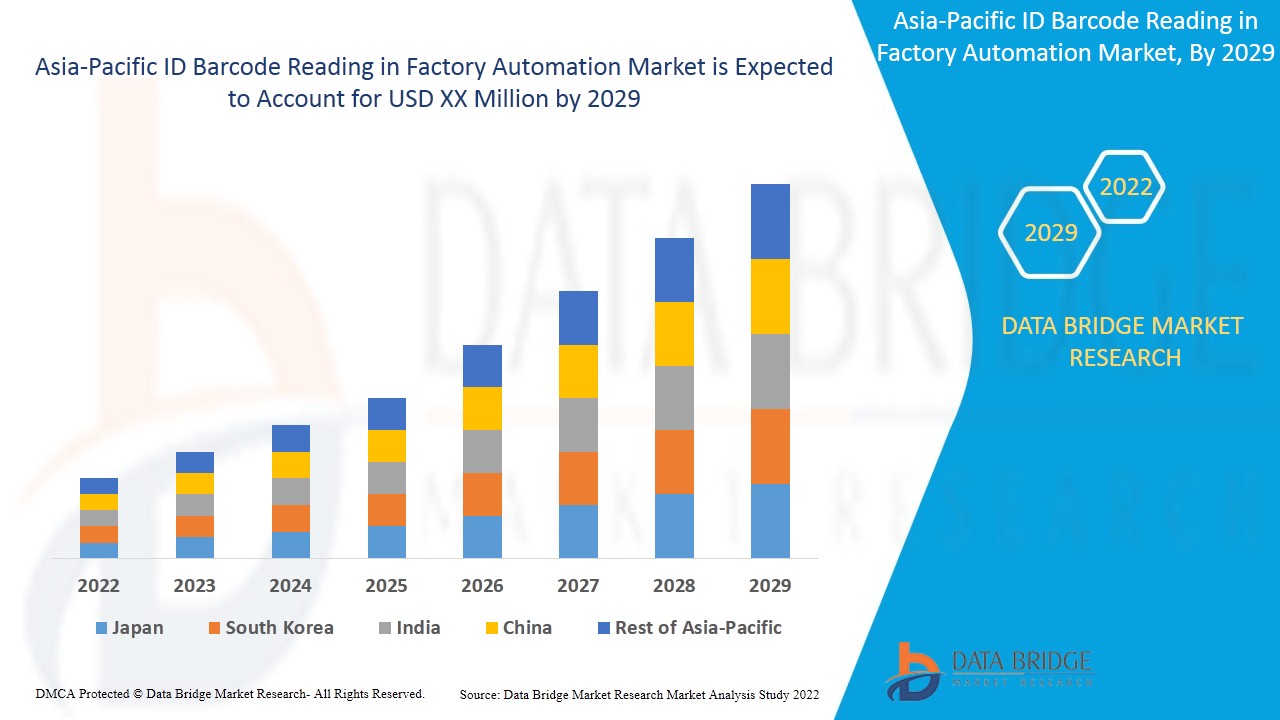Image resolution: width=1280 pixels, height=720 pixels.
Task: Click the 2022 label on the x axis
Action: pyautogui.click(x=98, y=585)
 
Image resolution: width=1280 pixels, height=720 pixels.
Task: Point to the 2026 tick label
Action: pyautogui.click(x=482, y=585)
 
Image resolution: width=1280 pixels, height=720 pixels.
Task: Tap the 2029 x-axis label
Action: pyautogui.click(x=770, y=585)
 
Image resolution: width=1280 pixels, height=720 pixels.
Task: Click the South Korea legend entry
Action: pyautogui.click(x=270, y=628)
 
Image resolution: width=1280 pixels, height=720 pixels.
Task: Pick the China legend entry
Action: pyautogui.click(x=517, y=628)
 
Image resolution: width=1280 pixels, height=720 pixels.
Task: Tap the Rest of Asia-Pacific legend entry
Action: pyautogui.click(x=689, y=628)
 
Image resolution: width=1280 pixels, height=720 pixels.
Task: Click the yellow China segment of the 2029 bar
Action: pyautogui.click(x=770, y=296)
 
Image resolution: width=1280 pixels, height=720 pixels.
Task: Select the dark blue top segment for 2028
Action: pyautogui.click(x=674, y=270)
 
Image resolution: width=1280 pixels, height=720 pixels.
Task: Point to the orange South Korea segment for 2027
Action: pyautogui.click(x=578, y=478)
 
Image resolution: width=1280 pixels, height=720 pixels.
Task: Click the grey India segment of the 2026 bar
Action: pyautogui.click(x=482, y=451)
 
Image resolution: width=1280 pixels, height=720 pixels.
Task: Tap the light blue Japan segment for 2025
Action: pyautogui.click(x=386, y=541)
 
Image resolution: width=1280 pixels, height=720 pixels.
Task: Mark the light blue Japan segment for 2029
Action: pyautogui.click(x=770, y=520)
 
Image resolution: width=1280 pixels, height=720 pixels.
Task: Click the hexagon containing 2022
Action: pyautogui.click(x=1125, y=187)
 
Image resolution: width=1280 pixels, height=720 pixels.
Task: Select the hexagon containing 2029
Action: pyautogui.click(x=1050, y=232)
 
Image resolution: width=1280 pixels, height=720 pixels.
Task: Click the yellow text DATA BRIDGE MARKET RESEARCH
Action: pyautogui.click(x=1124, y=341)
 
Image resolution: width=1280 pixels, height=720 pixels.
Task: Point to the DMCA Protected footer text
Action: pyautogui.click(x=230, y=693)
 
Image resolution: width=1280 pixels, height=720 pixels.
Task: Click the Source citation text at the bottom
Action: pyautogui.click(x=639, y=694)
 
